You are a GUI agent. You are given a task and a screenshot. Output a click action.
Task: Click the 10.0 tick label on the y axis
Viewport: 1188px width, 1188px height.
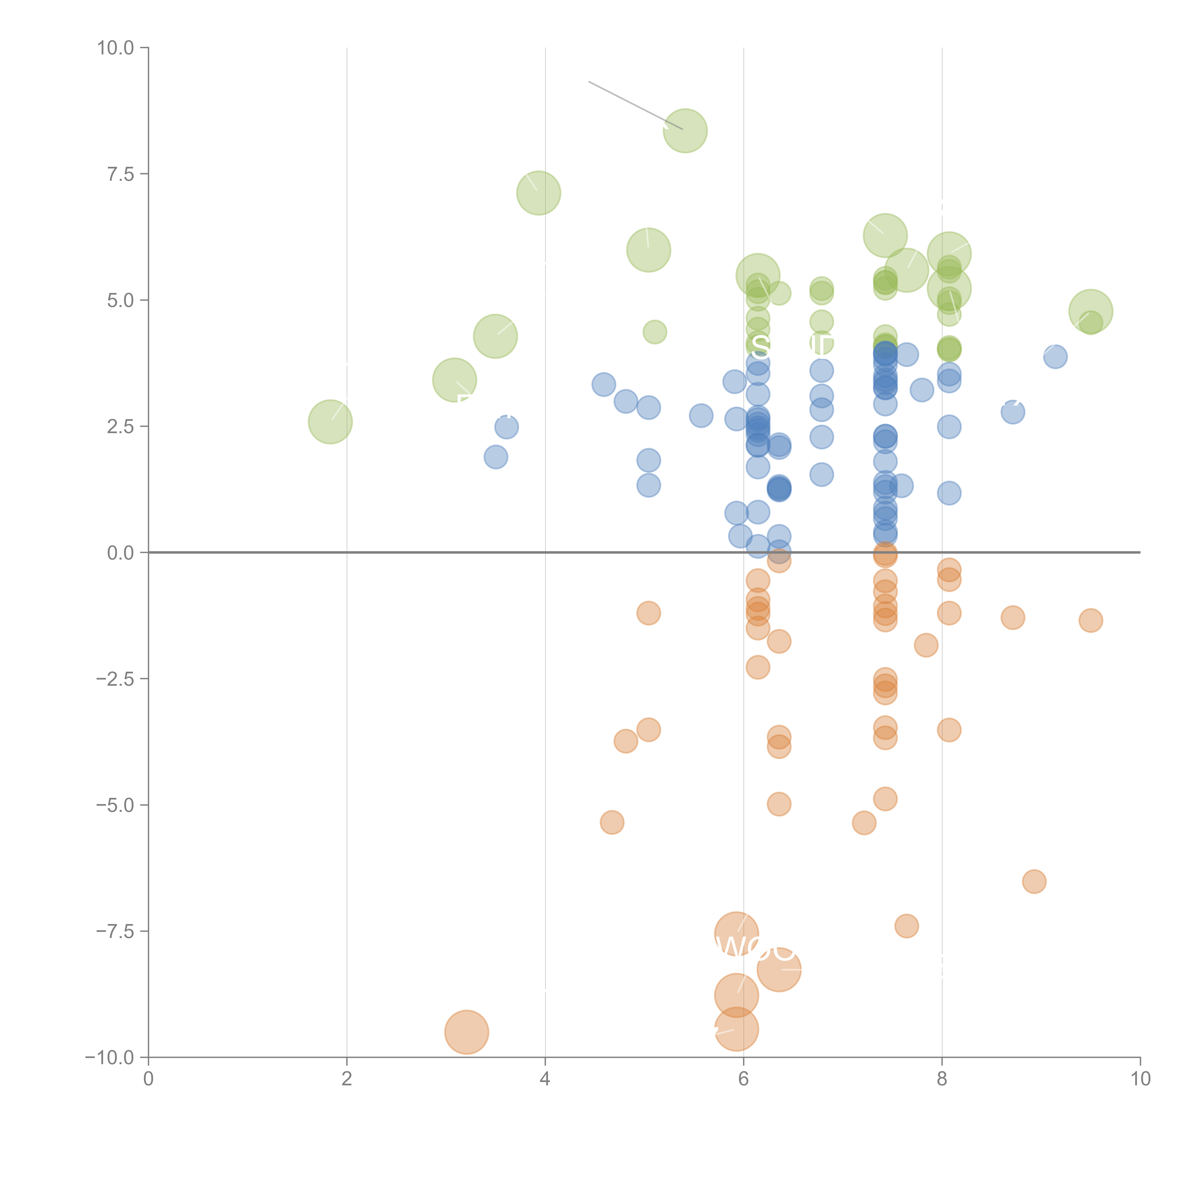(116, 48)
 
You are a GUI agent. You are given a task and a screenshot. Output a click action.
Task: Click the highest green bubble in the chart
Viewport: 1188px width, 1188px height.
(685, 130)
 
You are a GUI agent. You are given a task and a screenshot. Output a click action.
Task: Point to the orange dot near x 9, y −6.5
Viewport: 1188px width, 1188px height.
(1034, 881)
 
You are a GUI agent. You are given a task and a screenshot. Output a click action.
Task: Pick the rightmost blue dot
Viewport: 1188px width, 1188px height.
(1055, 357)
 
